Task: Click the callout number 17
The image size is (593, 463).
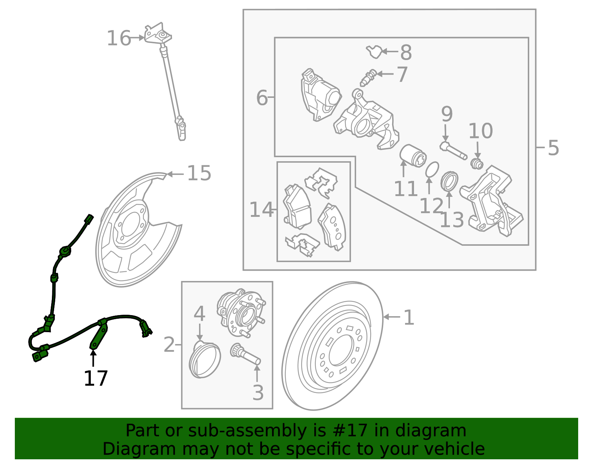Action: (x=96, y=378)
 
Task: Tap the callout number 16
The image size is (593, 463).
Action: (x=119, y=38)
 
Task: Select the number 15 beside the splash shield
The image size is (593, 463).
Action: (x=199, y=173)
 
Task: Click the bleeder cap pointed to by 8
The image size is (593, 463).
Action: (x=374, y=52)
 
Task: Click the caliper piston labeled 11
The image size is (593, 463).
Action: (x=413, y=156)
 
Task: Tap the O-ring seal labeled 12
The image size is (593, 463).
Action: (x=432, y=169)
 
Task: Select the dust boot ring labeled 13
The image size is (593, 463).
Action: (x=449, y=181)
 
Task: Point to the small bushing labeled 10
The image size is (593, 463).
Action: (x=477, y=163)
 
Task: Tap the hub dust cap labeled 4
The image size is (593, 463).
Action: (x=205, y=359)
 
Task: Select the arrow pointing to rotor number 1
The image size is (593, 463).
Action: (x=392, y=317)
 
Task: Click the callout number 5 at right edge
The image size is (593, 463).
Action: (x=553, y=148)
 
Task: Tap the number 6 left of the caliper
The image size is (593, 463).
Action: (x=262, y=97)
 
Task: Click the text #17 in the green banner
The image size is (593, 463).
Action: (x=350, y=431)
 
